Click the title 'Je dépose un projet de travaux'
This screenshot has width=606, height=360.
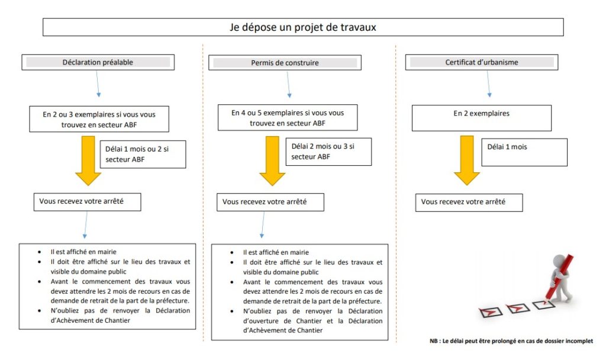coord(302,27)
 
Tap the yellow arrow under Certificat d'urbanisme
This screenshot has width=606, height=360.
coord(467,160)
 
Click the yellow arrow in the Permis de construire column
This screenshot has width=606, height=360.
coord(272,161)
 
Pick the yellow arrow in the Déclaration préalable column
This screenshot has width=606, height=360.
coord(88,161)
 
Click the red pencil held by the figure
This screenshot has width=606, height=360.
coord(559,278)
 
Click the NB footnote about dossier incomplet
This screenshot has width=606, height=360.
coord(511,341)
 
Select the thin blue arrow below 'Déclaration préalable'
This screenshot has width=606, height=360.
coord(98,83)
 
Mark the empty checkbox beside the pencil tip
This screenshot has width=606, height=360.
coord(544,305)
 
